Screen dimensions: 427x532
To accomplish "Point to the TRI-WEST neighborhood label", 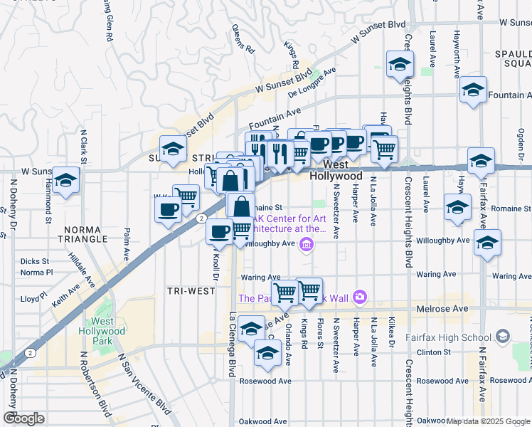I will tap(186, 291).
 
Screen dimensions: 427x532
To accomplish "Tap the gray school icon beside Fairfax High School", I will tap(503, 335).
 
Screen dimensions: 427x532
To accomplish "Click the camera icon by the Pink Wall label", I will tap(360, 297).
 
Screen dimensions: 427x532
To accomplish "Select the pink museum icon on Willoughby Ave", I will tap(307, 246).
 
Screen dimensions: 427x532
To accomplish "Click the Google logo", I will tap(23, 418).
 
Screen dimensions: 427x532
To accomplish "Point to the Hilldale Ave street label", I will tap(81, 274).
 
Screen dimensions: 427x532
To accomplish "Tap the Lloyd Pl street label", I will tap(33, 300).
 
